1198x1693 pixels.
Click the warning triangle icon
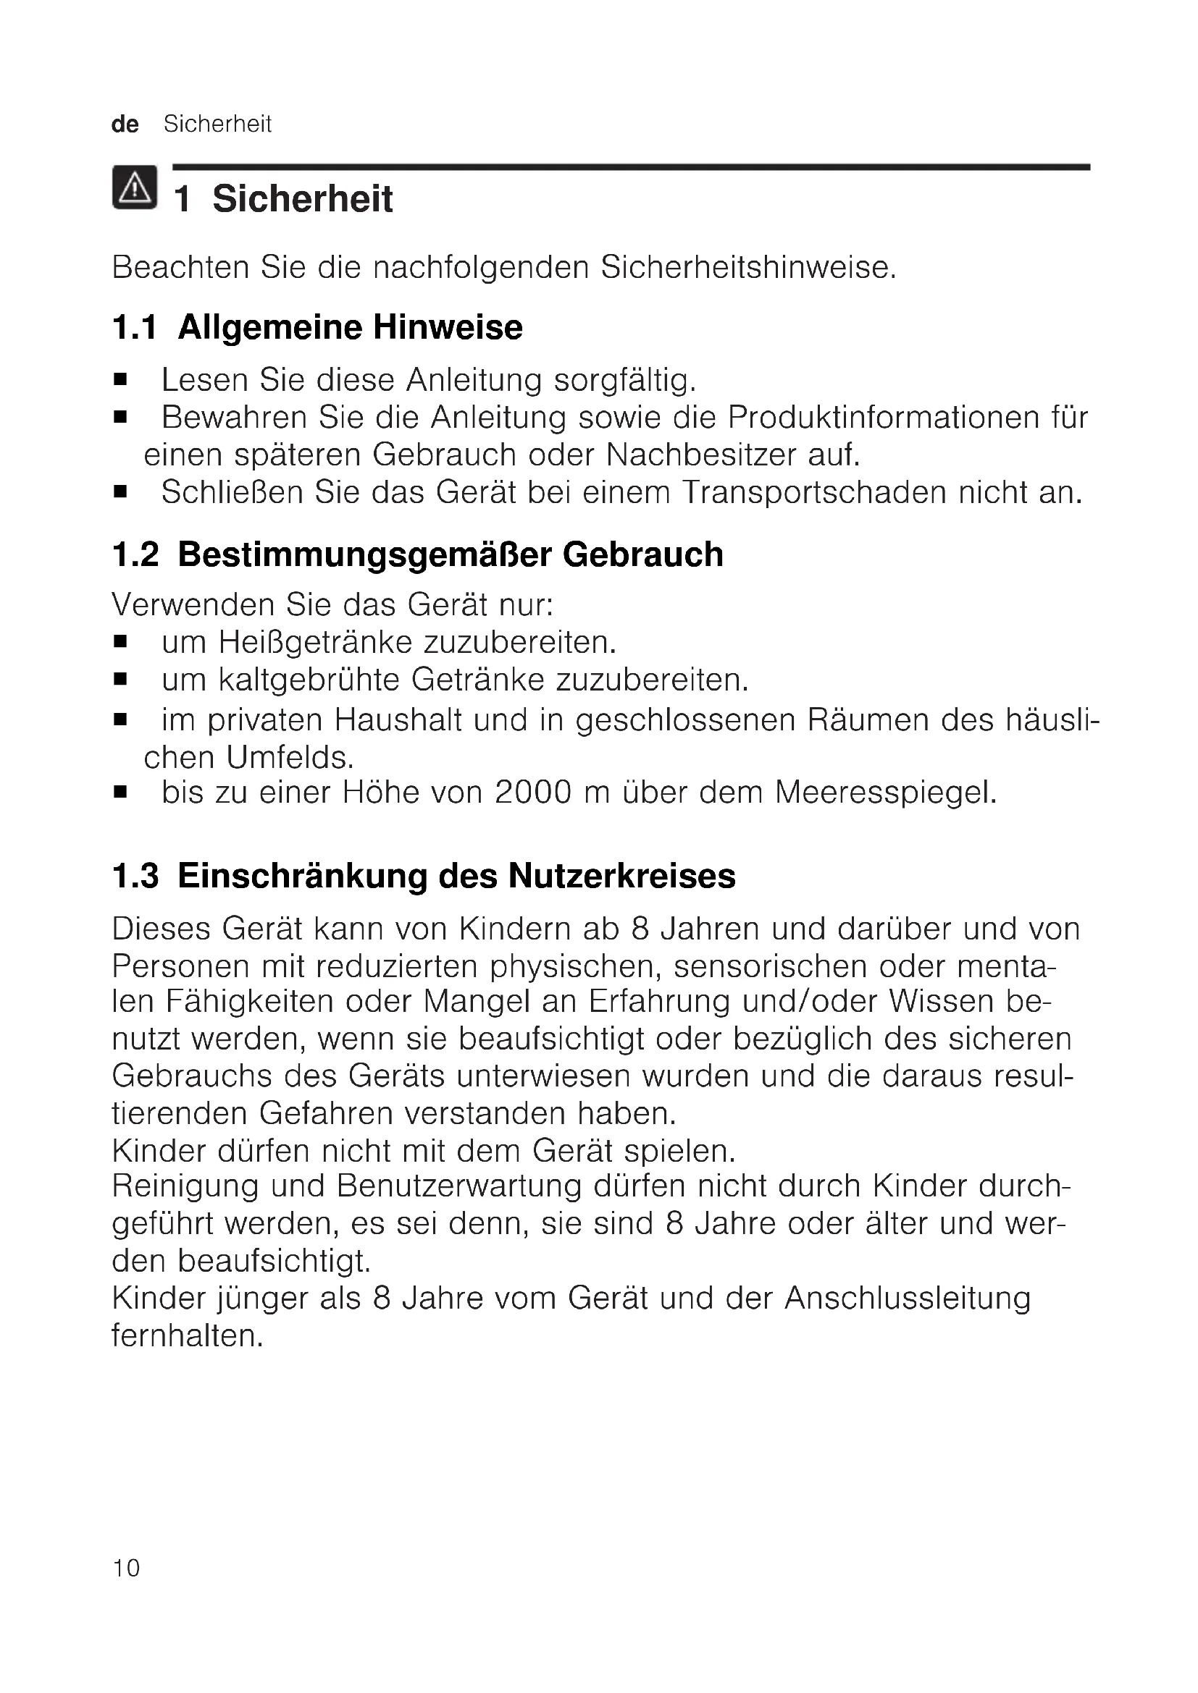[x=134, y=187]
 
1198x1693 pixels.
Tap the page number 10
[x=126, y=1568]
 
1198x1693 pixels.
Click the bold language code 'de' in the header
[x=125, y=124]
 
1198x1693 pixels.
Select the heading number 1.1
[x=135, y=327]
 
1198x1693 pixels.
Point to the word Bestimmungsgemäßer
[x=364, y=554]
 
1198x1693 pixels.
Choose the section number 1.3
[x=135, y=876]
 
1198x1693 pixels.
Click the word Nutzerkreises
[x=622, y=876]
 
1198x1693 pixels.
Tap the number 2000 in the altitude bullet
[x=532, y=793]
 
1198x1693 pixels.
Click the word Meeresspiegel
[x=885, y=793]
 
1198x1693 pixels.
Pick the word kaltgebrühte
[x=309, y=679]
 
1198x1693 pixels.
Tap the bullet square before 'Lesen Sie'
[x=121, y=381]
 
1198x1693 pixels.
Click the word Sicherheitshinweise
[x=748, y=267]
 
